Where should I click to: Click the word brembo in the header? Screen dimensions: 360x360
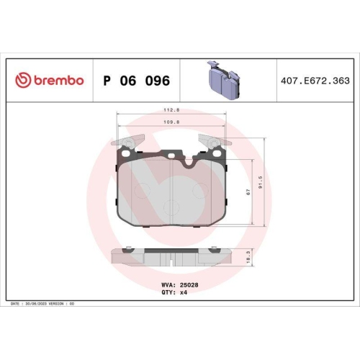tap(56, 81)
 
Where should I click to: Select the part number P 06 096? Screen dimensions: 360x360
tap(136, 81)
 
